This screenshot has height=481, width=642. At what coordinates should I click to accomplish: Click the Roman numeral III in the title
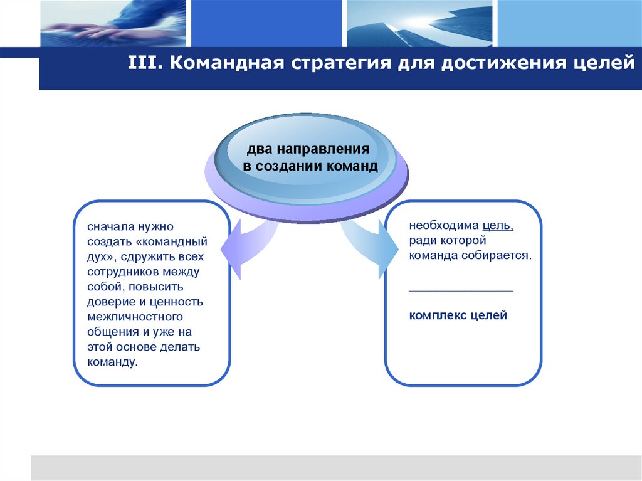142,64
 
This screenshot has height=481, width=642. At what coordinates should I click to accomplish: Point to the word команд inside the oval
352,167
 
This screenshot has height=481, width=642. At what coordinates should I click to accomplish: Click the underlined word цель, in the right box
498,226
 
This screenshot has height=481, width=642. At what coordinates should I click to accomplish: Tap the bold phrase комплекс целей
458,315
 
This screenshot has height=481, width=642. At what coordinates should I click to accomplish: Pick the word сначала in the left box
108,226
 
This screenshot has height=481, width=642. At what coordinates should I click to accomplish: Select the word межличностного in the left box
127,317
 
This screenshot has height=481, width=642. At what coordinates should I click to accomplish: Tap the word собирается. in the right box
498,256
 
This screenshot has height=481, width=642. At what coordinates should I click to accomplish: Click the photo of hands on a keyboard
113,24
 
